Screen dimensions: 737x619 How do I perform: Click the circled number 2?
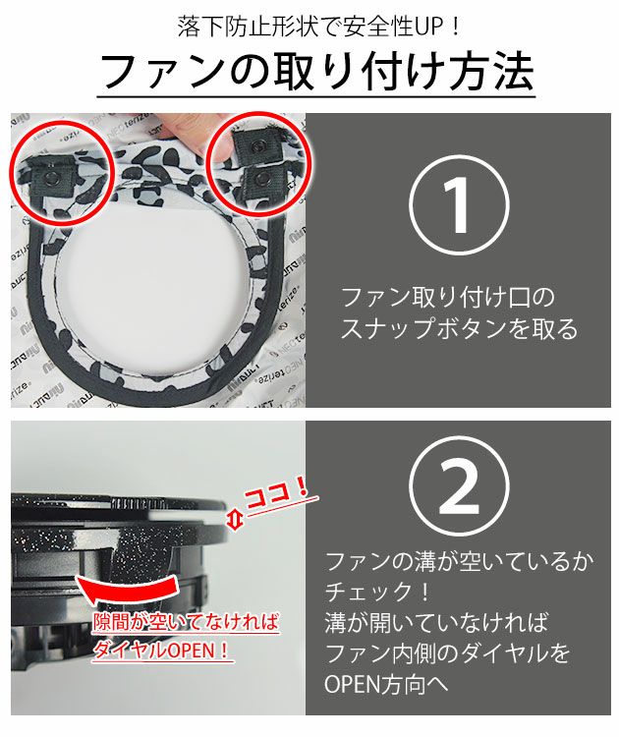click(x=459, y=488)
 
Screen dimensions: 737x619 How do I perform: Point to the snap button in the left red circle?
click(x=50, y=177)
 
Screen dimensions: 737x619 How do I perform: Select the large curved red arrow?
click(x=138, y=590)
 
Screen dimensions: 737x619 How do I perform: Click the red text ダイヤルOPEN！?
click(x=157, y=649)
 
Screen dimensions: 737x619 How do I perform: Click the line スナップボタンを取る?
click(x=459, y=329)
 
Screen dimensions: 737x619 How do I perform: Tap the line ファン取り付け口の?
click(x=447, y=296)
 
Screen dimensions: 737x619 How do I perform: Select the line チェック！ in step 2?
click(x=378, y=593)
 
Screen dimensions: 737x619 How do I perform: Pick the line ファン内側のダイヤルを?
click(x=448, y=652)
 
